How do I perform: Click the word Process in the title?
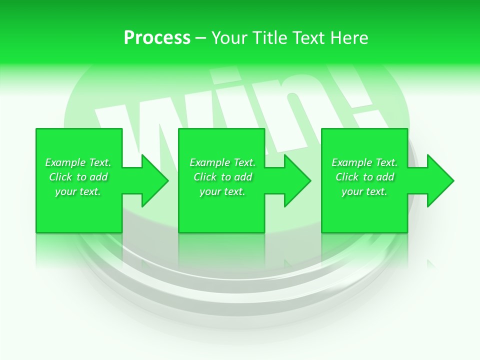click(x=157, y=38)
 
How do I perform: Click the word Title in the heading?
click(x=269, y=38)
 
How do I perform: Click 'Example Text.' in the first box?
click(x=78, y=162)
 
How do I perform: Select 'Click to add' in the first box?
click(x=78, y=177)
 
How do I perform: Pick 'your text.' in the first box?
click(x=78, y=191)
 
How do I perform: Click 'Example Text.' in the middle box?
click(x=222, y=162)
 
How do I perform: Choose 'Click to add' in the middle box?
click(x=222, y=177)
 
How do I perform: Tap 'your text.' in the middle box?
click(x=222, y=191)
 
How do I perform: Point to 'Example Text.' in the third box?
click(x=364, y=162)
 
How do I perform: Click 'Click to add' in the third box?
click(x=364, y=177)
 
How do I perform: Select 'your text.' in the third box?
click(x=364, y=191)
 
